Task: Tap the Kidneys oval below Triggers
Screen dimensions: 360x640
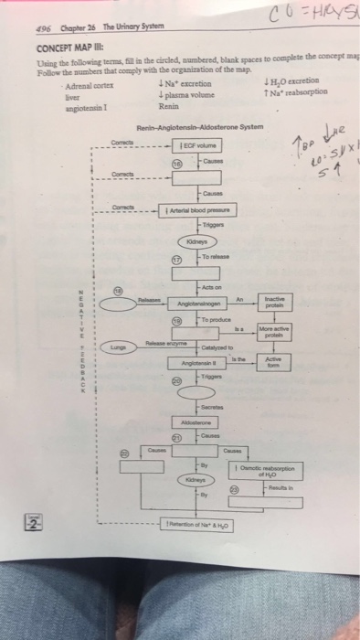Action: (196, 242)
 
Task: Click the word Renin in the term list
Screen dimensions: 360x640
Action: (166, 105)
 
